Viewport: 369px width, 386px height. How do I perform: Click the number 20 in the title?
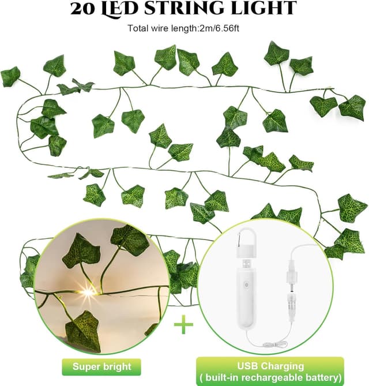point(82,9)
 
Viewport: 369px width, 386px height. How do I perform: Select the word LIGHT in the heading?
point(262,8)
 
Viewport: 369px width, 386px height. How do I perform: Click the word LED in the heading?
point(119,9)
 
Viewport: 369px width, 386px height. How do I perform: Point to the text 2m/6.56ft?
point(220,28)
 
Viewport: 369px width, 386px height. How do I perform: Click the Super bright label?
point(101,366)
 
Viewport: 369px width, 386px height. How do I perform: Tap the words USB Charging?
point(270,366)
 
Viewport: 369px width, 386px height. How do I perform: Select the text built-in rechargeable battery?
point(271,377)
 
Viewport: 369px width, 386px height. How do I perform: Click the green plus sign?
point(183,324)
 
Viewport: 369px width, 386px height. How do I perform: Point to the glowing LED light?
point(88,292)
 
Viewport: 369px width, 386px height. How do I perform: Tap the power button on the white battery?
point(245,285)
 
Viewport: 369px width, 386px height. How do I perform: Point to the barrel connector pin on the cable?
point(291,286)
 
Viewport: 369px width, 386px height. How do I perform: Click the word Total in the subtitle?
point(138,28)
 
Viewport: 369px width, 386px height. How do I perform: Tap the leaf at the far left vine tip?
point(10,76)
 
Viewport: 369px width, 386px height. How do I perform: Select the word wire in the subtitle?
point(159,28)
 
